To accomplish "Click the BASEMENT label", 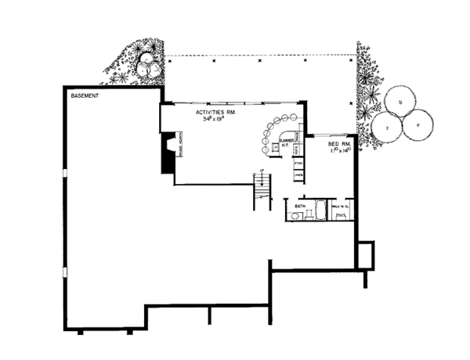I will [x=85, y=95].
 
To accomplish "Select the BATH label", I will [x=299, y=205].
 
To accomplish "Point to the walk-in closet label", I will [x=341, y=206].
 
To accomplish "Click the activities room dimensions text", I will [x=215, y=121].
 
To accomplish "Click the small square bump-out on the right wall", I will [x=363, y=254].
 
